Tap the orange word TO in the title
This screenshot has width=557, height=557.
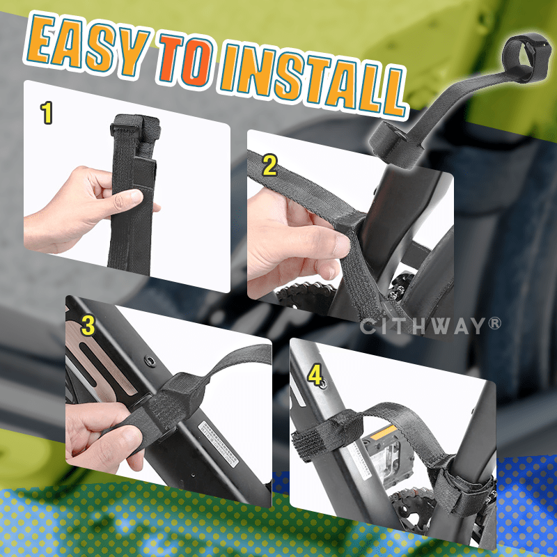pyautogui.click(x=185, y=61)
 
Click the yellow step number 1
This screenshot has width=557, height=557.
pyautogui.click(x=47, y=113)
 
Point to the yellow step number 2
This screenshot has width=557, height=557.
pyautogui.click(x=269, y=165)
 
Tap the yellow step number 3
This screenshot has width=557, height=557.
pyautogui.click(x=88, y=325)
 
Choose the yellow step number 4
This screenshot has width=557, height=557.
pyautogui.click(x=315, y=375)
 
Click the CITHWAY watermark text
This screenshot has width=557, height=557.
pyautogui.click(x=430, y=326)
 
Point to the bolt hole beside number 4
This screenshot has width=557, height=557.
pyautogui.click(x=323, y=384)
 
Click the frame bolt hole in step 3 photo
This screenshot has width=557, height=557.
pyautogui.click(x=150, y=361)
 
